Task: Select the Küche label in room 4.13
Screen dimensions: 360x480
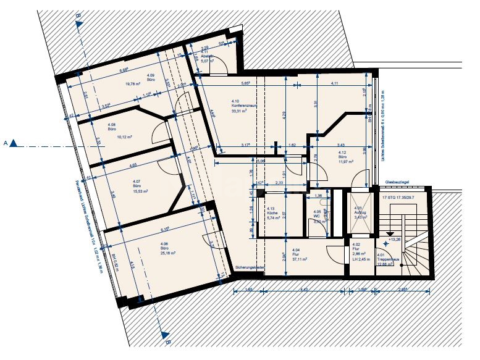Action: [x=271, y=214]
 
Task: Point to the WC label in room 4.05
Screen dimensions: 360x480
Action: [x=317, y=216]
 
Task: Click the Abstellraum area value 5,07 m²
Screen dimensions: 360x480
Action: [x=207, y=61]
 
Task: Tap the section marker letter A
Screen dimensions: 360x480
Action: [x=6, y=143]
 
